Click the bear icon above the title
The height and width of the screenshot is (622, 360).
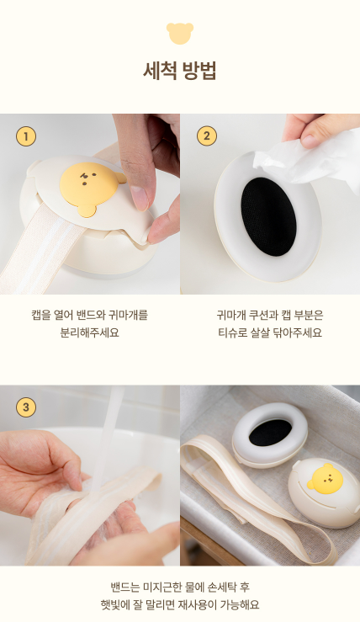click(180, 33)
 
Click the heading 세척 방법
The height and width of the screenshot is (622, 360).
click(180, 71)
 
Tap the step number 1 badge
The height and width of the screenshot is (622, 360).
click(26, 136)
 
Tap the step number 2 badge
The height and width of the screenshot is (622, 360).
click(206, 136)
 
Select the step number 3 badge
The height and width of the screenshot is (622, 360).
click(26, 407)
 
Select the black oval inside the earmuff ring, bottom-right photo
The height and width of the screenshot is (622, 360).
click(265, 432)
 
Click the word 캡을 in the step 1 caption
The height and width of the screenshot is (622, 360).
click(42, 315)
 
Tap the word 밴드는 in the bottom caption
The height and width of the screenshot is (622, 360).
click(126, 587)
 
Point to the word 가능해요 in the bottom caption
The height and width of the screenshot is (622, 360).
click(237, 604)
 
